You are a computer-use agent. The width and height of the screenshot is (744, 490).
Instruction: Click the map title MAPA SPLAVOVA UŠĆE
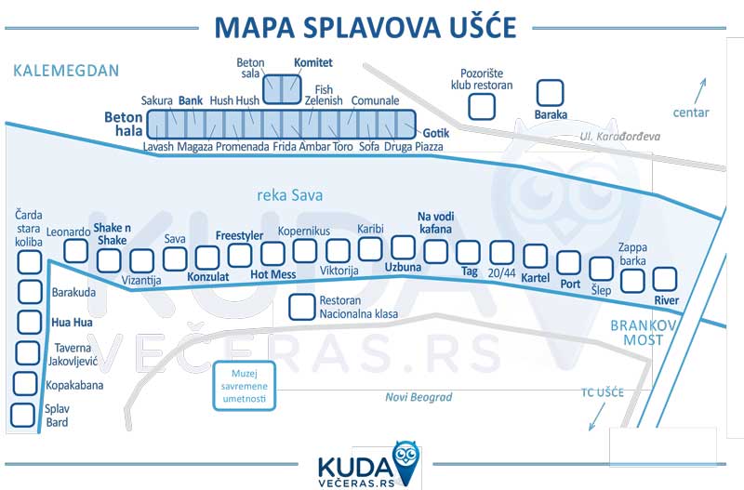(364, 28)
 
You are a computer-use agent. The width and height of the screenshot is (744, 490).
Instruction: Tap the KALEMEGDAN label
(67, 71)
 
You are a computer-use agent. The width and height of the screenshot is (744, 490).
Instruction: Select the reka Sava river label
(289, 195)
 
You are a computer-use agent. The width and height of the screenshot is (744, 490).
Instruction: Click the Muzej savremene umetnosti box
(245, 384)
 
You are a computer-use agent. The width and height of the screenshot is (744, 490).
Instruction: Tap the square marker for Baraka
(551, 92)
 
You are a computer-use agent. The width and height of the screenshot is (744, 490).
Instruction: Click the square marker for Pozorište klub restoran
(482, 106)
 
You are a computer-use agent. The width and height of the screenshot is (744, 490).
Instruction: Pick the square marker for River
(666, 278)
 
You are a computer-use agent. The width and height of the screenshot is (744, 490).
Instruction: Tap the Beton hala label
(123, 125)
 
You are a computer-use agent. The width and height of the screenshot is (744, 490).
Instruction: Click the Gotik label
(436, 133)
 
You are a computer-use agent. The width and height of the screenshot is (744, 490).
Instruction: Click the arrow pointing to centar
(700, 92)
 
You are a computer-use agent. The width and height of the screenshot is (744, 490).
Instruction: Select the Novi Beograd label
(418, 398)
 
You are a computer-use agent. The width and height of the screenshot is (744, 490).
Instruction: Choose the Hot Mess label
(273, 275)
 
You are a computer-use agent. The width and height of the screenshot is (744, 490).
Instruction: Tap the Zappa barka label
(632, 255)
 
